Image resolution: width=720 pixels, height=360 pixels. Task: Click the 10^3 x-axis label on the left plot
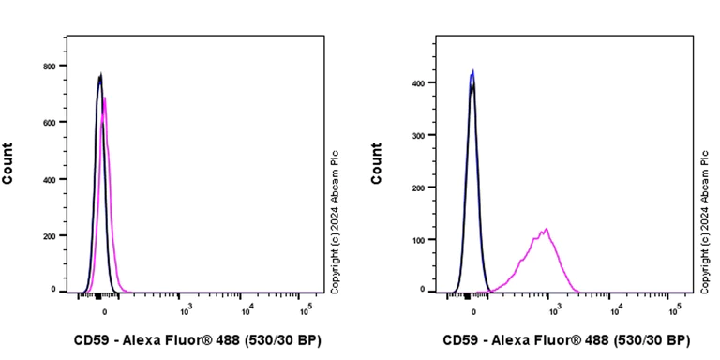coord(186,308)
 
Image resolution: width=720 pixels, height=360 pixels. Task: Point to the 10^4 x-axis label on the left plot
coord(246,308)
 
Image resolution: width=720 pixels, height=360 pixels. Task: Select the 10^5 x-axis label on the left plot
coord(306,308)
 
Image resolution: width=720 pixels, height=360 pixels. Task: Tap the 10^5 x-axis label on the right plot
coord(674,308)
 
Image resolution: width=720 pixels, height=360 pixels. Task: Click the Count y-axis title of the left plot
coord(8,163)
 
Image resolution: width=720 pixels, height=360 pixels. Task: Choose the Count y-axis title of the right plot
coord(377,163)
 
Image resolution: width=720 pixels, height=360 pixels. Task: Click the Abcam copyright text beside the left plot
coord(335,214)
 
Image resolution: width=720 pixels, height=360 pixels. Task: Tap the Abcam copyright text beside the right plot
coord(703,214)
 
